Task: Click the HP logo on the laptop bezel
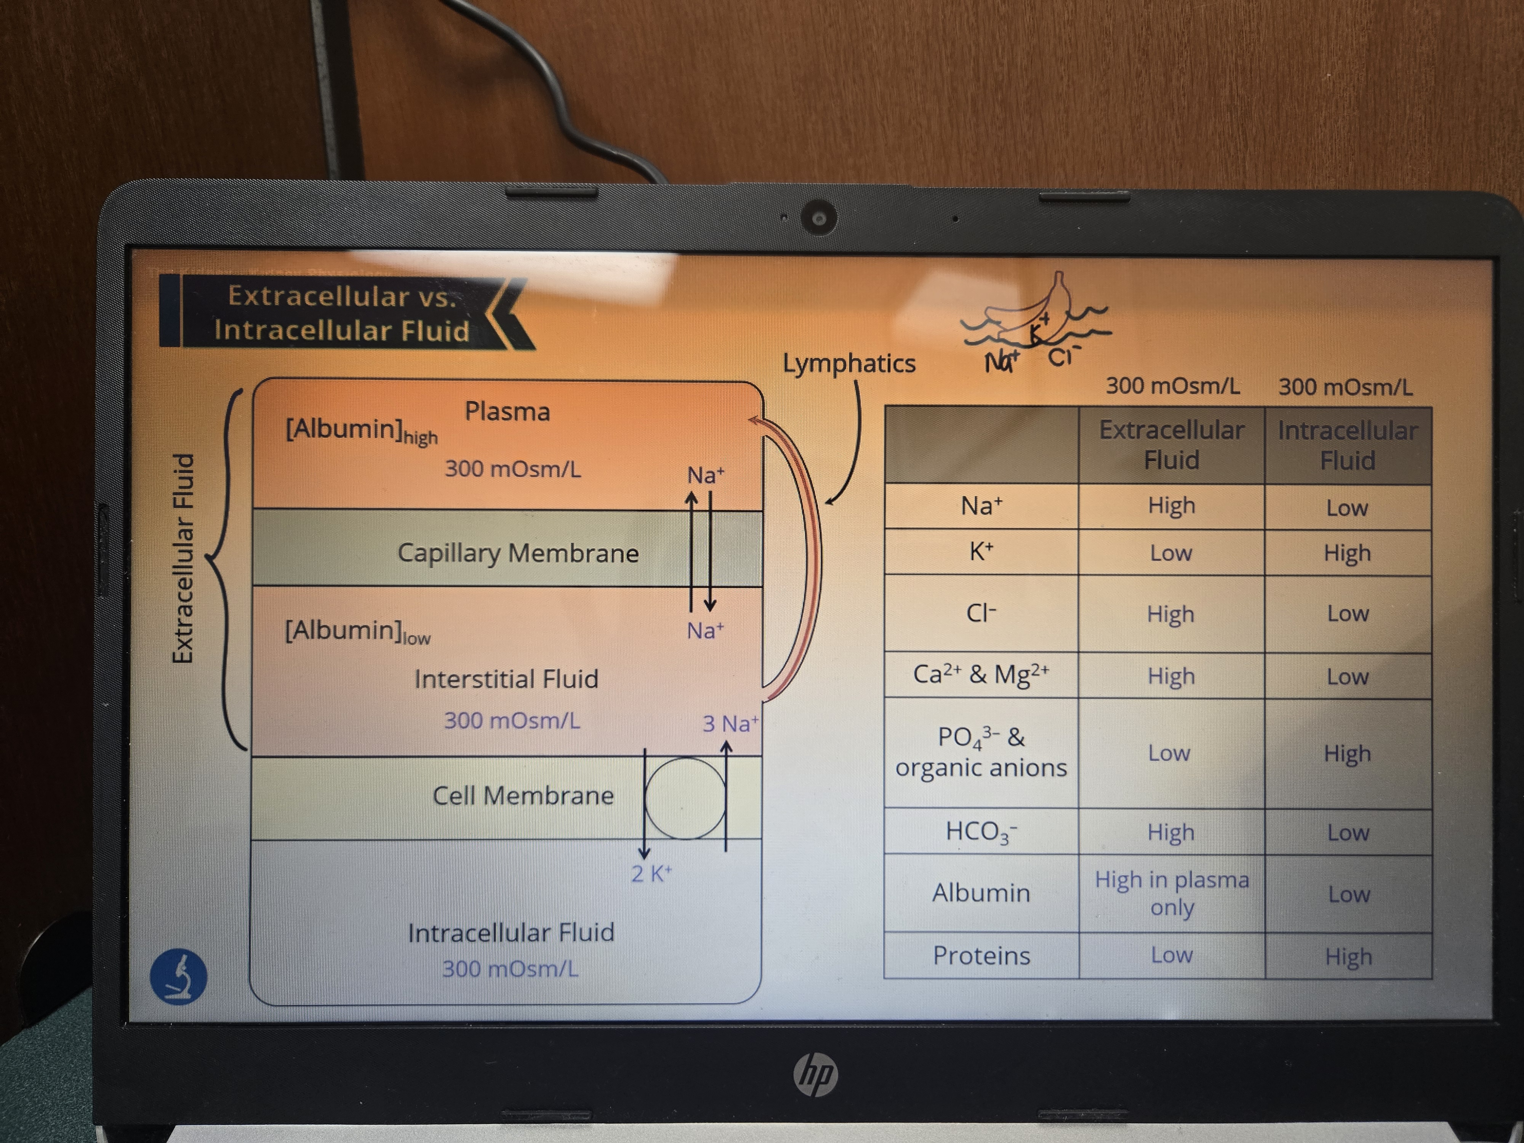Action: coord(816,1075)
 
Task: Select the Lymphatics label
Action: coord(849,363)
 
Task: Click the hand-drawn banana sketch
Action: coord(1033,310)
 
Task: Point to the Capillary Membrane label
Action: coord(518,552)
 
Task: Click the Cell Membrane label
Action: coord(523,796)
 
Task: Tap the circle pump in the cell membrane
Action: coord(685,798)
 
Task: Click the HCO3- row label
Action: coord(981,832)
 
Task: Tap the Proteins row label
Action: coord(981,956)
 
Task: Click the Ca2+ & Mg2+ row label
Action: coord(981,674)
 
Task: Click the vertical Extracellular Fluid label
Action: coord(182,558)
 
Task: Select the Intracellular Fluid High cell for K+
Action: coord(1348,552)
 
